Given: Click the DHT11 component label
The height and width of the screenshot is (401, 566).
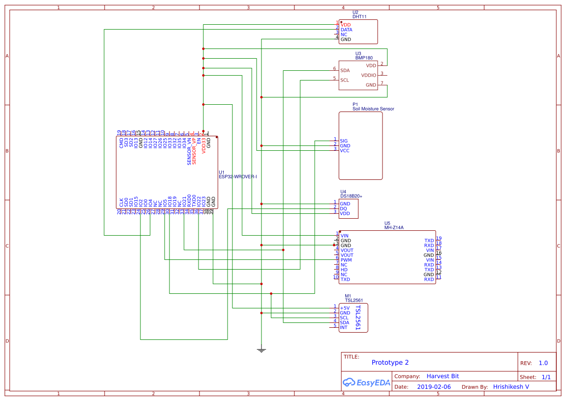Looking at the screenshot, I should pos(359,16).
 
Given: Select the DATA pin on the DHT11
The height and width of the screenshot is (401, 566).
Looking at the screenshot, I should pos(346,30).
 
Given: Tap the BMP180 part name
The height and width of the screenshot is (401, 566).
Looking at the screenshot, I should pos(364,58).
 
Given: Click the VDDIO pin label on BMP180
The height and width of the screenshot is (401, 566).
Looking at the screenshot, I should pos(368,75).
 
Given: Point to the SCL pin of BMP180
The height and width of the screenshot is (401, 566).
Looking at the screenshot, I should pos(345,80).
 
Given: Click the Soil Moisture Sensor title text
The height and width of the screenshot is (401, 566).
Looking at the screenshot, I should pos(373,109).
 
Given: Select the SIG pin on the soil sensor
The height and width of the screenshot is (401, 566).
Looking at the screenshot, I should pos(344,141).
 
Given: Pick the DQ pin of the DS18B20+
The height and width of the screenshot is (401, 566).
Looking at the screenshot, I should pos(343,209).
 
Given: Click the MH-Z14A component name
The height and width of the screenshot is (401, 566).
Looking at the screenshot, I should pos(394,227).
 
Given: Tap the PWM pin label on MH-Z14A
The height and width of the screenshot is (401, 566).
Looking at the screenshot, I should pos(346,260).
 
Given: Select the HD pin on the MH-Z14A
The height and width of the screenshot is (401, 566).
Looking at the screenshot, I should pos(344,270).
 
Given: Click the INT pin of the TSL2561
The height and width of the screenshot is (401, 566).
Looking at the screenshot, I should pos(343,327).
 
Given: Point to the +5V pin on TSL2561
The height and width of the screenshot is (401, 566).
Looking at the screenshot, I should pos(345,308).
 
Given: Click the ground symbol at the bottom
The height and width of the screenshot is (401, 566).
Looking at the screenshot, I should pos(261,350).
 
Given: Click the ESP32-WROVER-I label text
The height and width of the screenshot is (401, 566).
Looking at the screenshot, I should pos(238,176).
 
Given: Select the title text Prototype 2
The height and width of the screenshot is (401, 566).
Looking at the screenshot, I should pos(390,363).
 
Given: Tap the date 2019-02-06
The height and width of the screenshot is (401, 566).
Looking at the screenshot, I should pos(433,387).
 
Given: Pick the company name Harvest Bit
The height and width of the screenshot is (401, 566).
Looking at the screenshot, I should pos(443,376).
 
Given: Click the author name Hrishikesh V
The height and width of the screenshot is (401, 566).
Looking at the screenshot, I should pos(511,387).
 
